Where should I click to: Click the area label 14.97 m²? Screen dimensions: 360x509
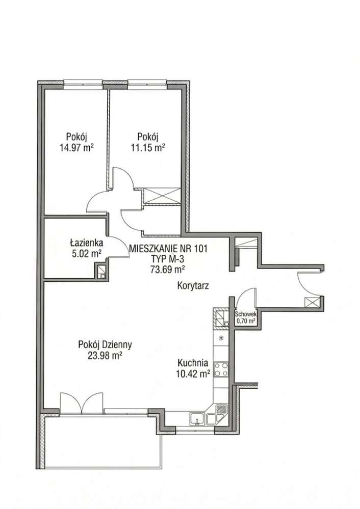(x=76, y=148)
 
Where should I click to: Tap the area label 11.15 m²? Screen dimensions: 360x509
(x=147, y=148)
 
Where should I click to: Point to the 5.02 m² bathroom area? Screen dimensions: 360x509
(x=87, y=253)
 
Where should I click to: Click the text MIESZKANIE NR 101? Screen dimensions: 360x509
(x=168, y=249)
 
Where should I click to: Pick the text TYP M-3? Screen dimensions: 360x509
(x=168, y=259)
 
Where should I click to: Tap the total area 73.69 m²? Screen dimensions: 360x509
(x=168, y=269)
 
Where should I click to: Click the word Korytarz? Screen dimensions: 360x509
(x=193, y=286)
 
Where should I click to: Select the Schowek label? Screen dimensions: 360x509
(x=246, y=314)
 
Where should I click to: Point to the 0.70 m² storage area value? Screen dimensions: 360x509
(x=246, y=320)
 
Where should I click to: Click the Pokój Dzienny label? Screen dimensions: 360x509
(x=105, y=345)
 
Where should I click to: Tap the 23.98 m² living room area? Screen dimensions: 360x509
(x=105, y=356)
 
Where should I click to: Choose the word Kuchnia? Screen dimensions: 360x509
(x=193, y=363)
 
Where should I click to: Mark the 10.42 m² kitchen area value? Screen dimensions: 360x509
(x=193, y=374)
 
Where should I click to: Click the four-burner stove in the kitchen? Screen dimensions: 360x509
(x=221, y=369)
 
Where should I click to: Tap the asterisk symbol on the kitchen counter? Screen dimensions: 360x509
(x=221, y=338)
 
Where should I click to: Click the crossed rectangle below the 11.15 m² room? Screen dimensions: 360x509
(x=162, y=195)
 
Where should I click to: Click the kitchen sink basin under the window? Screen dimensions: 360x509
(x=197, y=419)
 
